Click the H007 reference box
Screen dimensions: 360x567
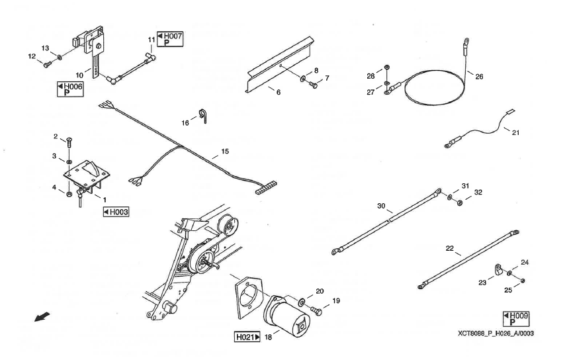pyautogui.click(x=169, y=38)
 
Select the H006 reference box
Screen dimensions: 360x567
pyautogui.click(x=69, y=90)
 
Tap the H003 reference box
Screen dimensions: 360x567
pyautogui.click(x=116, y=212)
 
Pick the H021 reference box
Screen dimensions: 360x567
pyautogui.click(x=247, y=337)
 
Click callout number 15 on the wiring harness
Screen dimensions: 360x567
pyautogui.click(x=225, y=152)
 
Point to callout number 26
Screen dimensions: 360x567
pyautogui.click(x=479, y=76)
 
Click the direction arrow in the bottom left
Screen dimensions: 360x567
pyautogui.click(x=41, y=320)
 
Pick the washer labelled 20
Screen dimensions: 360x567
pyautogui.click(x=302, y=302)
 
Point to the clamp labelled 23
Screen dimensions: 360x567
pyautogui.click(x=499, y=271)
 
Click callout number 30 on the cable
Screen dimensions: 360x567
pyautogui.click(x=381, y=206)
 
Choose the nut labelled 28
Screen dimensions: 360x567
pyautogui.click(x=386, y=69)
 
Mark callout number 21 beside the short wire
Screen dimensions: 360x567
pyautogui.click(x=515, y=132)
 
